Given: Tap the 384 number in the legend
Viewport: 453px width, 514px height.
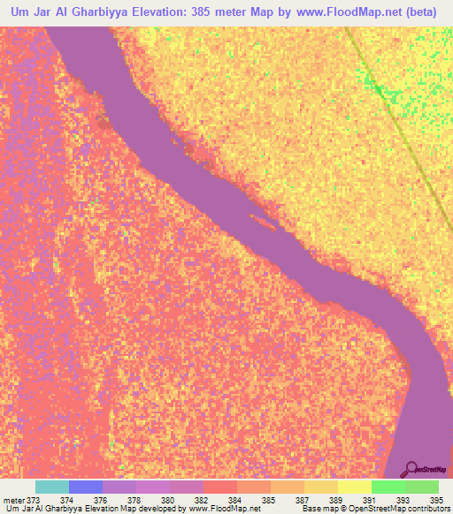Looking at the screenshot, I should click(x=234, y=499).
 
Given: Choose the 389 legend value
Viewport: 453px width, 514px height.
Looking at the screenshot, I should click(x=335, y=499).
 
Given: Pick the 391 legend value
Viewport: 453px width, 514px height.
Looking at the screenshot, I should click(x=369, y=499).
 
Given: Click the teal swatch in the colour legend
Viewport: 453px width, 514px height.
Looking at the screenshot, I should click(x=52, y=487).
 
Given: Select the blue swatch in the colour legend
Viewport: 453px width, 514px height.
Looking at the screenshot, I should click(x=86, y=487).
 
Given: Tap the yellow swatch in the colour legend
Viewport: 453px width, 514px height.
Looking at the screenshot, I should click(x=354, y=487).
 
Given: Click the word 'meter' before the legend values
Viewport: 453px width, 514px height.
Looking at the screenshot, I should click(x=15, y=499).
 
